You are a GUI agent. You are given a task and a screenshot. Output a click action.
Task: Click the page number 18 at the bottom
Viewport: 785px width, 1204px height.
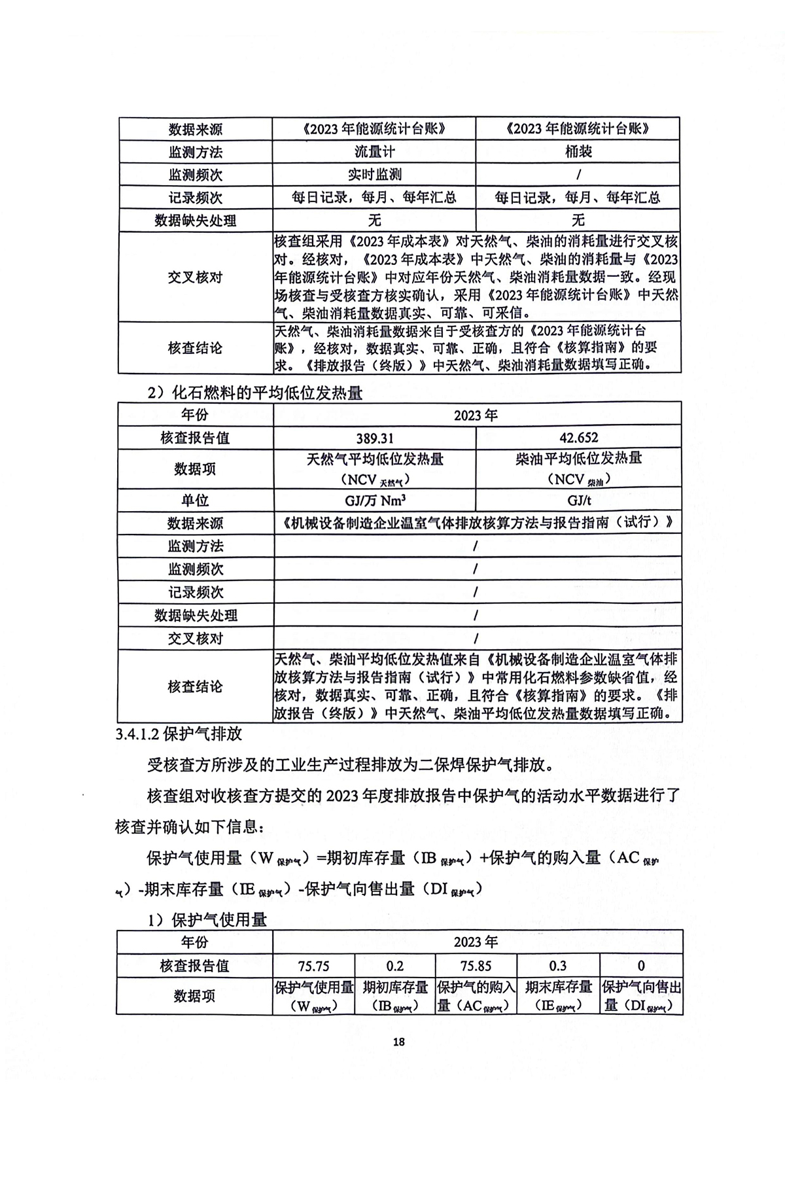[x=399, y=1042]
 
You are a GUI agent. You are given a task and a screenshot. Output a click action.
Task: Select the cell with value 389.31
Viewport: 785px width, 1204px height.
[x=375, y=438]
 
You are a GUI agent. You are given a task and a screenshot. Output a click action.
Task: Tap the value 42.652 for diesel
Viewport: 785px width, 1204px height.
[x=579, y=438]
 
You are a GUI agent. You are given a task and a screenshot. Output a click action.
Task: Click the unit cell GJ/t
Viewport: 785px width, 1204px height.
[x=579, y=501]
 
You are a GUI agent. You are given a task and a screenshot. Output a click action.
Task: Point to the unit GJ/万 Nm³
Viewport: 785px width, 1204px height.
[x=375, y=501]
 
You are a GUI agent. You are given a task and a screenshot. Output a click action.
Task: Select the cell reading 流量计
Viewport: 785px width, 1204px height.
[x=375, y=152]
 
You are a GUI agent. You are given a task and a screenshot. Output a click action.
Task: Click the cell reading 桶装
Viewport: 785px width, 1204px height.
[x=578, y=152]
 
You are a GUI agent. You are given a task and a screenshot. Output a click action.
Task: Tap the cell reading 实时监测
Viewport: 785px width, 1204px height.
[x=375, y=175]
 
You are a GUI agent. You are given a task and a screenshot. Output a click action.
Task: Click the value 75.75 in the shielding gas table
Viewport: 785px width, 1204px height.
[x=313, y=966]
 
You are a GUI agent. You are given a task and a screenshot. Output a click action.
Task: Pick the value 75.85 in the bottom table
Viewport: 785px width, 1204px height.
[x=476, y=966]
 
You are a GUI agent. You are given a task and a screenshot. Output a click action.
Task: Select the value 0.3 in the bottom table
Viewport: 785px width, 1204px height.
[x=558, y=966]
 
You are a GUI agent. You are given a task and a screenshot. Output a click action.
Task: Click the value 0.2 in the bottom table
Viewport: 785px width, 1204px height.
[x=395, y=966]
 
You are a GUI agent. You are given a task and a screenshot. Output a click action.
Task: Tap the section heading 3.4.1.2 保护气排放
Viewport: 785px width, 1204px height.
[x=179, y=734]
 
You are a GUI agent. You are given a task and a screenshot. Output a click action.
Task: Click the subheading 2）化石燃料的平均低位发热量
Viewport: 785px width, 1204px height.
[x=254, y=393]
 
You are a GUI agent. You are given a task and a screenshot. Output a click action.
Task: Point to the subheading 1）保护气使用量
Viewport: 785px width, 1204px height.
[x=207, y=920]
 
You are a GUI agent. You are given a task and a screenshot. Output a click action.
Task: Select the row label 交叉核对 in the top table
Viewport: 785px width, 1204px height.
[x=195, y=277]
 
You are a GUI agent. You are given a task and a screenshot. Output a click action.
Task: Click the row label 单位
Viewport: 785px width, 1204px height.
[x=195, y=501]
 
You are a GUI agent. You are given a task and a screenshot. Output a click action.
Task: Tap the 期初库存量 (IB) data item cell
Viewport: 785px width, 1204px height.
[x=395, y=996]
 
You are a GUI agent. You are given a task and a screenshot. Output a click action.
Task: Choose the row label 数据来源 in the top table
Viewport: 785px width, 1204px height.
[x=195, y=129]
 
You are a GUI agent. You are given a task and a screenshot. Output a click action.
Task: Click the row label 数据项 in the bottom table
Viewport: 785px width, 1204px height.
[x=194, y=996]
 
